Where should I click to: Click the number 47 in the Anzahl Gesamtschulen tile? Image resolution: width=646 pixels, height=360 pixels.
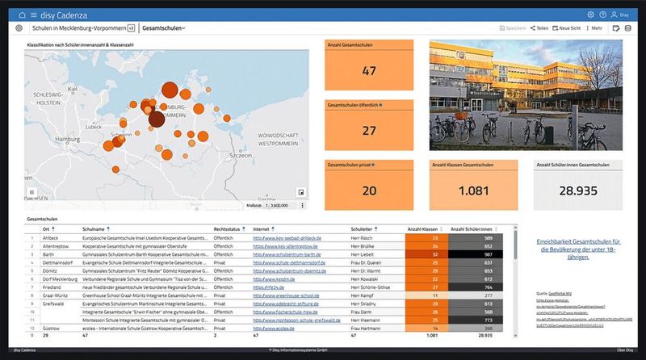pos(369,70)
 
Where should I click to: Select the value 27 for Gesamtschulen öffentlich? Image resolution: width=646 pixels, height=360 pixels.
pos(369,131)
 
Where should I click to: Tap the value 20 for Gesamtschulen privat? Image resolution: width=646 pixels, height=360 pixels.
pos(369,191)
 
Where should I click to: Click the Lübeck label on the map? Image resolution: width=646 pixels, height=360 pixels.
pos(93,127)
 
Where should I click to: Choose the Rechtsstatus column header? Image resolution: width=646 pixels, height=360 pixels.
pos(229,229)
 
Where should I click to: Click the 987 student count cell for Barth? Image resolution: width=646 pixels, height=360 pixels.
pos(488,254)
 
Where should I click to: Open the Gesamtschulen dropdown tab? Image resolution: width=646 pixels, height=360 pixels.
pos(163,28)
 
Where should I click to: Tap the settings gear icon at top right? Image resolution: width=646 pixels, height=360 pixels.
pos(591,15)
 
